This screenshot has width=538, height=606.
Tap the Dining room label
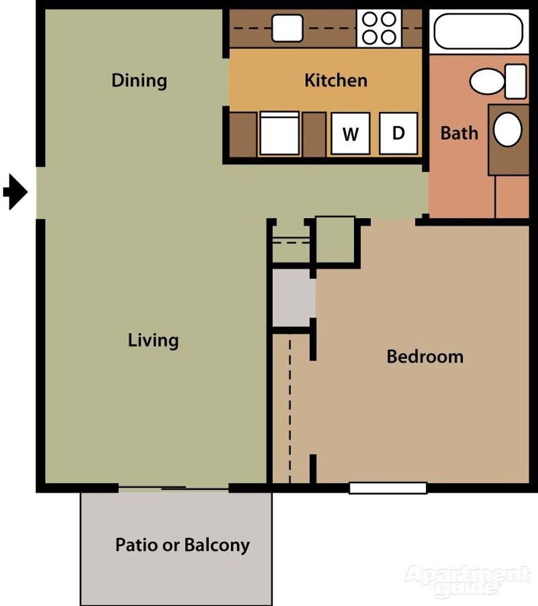[139, 81]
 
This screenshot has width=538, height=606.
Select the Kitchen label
[336, 80]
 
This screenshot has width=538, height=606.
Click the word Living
[153, 341]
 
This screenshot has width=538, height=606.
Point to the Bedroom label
[425, 356]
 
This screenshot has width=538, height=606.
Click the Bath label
[459, 133]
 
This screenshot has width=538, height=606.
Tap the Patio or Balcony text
[182, 545]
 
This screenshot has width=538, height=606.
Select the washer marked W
[351, 134]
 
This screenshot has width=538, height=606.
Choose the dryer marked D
[398, 134]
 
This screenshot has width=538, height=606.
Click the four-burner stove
[379, 28]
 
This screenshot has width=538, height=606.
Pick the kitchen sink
[287, 28]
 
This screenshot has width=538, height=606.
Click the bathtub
[479, 31]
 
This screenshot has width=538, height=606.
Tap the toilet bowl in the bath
[487, 81]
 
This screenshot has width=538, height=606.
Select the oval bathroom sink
[508, 130]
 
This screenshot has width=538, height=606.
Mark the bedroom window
[388, 488]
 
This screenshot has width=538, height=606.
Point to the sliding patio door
[173, 488]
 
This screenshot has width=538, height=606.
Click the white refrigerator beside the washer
[279, 134]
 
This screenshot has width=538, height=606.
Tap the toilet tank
[516, 81]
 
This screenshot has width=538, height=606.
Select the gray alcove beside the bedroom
[294, 298]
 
